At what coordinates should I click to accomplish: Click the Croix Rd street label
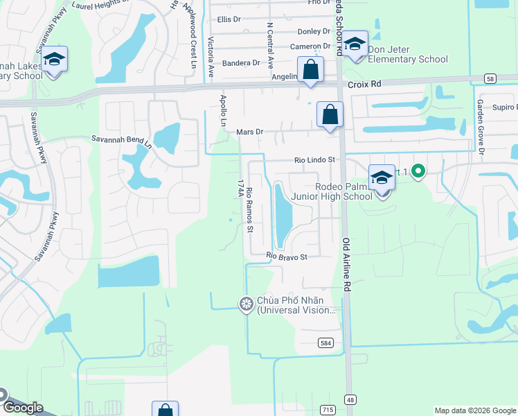[x=366, y=83]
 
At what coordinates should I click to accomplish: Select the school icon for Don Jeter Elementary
[x=355, y=44]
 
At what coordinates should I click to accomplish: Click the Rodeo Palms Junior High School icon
[x=382, y=179]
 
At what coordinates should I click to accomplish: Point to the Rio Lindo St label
[x=314, y=159]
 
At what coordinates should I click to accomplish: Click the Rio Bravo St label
[x=287, y=257]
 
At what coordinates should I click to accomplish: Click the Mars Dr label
[x=250, y=131]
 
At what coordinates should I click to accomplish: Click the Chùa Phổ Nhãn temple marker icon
[x=246, y=304]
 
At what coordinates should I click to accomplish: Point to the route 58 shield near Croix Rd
[x=490, y=79]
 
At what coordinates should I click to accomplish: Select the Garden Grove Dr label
[x=479, y=125]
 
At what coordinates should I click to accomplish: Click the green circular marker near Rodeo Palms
[x=418, y=171]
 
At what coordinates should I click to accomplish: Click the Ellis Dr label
[x=228, y=19]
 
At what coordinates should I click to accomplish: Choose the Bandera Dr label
[x=240, y=63]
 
